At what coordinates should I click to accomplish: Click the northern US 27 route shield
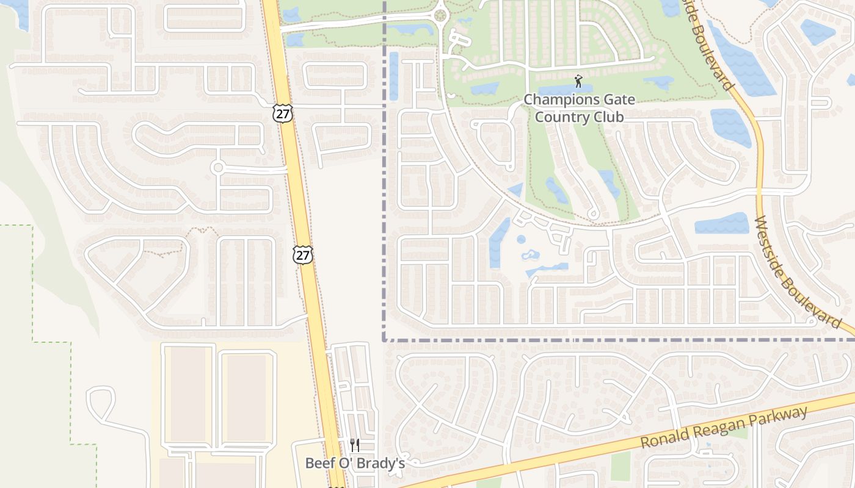click(x=283, y=112)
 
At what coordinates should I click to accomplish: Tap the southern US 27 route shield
click(x=302, y=254)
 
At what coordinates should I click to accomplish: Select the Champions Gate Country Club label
click(x=579, y=108)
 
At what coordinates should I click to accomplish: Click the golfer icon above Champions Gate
click(x=578, y=81)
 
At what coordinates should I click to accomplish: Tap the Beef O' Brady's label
click(x=355, y=463)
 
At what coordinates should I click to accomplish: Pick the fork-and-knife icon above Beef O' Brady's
click(x=355, y=445)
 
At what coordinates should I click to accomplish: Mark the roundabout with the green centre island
click(x=440, y=15)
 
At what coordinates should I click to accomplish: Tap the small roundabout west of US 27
click(x=217, y=167)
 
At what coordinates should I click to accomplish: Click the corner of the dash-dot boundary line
click(x=385, y=340)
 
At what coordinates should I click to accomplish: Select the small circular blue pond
click(x=521, y=240)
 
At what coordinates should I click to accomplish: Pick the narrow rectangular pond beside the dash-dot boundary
click(x=394, y=76)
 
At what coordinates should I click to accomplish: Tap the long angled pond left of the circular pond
click(x=499, y=243)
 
